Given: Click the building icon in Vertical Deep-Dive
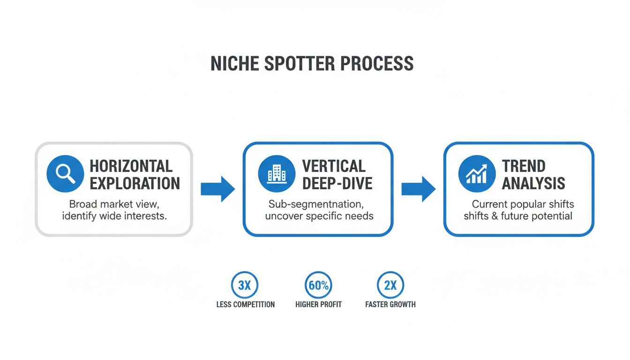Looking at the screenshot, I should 277,174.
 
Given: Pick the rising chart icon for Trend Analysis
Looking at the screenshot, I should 477,174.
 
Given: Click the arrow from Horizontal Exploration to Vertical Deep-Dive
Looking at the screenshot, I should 217,189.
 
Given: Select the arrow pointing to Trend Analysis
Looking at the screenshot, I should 418,189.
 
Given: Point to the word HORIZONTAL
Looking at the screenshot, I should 131,166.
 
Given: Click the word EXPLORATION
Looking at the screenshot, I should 135,183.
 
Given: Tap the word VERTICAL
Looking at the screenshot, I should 334,166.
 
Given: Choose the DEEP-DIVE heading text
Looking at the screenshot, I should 337,183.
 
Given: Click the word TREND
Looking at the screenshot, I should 524,166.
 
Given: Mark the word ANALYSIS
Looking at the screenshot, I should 533,183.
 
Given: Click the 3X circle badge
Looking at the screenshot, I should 245,285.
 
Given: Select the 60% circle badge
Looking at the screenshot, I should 318,285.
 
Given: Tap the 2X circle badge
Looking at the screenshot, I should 390,285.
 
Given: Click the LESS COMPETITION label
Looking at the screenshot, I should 245,305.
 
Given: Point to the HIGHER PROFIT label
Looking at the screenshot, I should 318,305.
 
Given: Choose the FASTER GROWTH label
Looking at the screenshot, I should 390,305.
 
